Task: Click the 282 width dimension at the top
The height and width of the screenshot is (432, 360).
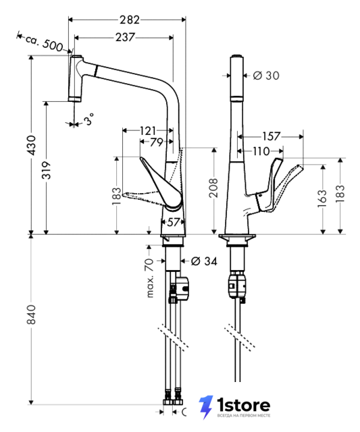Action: coord(129,20)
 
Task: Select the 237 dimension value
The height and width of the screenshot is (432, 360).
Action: coord(125,37)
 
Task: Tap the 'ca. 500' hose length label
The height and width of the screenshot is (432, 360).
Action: coord(44,43)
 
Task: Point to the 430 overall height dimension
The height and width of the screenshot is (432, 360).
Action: coord(32,145)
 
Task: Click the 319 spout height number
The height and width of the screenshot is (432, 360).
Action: coord(47,170)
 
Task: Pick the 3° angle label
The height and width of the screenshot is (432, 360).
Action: coord(89,119)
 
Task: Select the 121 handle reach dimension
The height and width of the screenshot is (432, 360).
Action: coord(148,130)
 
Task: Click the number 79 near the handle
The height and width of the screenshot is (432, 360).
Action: coord(157,142)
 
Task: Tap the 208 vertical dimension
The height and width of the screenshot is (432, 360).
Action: coord(213,188)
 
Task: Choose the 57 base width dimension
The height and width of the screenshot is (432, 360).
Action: coord(174,222)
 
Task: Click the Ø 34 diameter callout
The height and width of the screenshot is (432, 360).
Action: coord(204,261)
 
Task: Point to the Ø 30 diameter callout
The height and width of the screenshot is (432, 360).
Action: coord(266,75)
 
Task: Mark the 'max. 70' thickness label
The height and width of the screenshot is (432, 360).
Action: coord(150,278)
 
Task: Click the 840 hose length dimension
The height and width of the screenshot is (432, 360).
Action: coord(32,315)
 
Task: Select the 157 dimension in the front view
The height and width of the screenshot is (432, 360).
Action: coord(271,136)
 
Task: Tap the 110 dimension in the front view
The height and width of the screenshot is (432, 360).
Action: coord(261,151)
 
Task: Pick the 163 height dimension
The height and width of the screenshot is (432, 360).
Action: coord(322,198)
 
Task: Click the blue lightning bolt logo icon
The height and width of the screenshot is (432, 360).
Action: coord(206,407)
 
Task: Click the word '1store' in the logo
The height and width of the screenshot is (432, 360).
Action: coord(243,405)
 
